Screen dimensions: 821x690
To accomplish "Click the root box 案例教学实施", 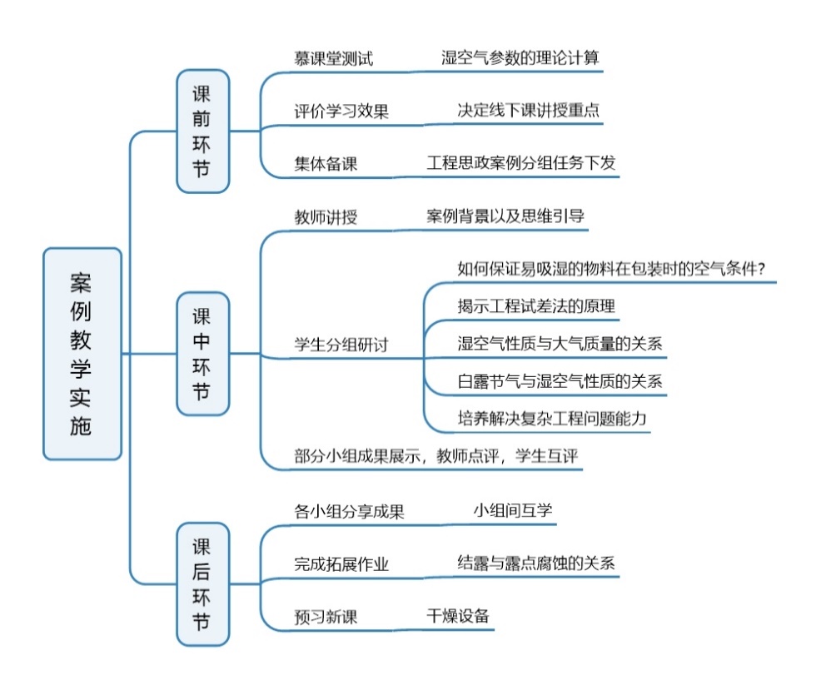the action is click(82, 354).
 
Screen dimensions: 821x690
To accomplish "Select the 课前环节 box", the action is click(203, 131).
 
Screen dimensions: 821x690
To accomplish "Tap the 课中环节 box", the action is click(203, 354).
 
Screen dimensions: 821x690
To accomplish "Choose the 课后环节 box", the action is click(203, 584).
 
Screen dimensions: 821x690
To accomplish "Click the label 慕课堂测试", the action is click(334, 58).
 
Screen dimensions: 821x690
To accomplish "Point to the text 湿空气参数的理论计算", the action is click(520, 57).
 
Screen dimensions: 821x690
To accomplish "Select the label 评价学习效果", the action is click(341, 111).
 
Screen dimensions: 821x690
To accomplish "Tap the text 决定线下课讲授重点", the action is click(528, 110).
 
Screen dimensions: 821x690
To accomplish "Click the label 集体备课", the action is click(326, 164).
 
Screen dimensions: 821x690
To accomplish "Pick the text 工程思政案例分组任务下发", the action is click(521, 163).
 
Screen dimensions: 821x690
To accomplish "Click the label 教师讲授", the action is click(326, 216).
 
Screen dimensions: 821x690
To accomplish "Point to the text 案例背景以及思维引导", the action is click(505, 216).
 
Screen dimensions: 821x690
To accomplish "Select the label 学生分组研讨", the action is click(341, 345).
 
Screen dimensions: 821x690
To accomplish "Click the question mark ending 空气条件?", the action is click(760, 269).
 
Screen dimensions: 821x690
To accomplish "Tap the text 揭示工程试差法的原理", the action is click(536, 305).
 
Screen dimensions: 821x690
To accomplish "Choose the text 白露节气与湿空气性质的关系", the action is click(560, 381).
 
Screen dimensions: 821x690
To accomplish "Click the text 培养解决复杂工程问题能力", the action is click(552, 419).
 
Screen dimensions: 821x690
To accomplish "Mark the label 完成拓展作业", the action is click(341, 563).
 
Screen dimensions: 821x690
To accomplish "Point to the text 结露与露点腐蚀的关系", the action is click(536, 563).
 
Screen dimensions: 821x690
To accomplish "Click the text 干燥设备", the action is click(458, 616).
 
